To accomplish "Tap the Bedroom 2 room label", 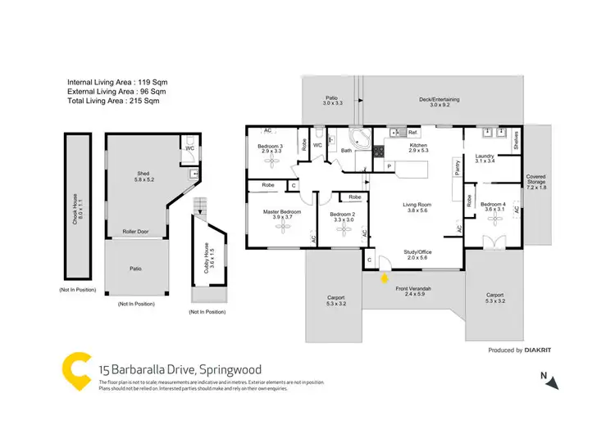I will (344, 216).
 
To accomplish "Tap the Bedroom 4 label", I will (493, 206).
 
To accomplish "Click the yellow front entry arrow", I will (385, 278).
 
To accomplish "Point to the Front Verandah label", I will (413, 289).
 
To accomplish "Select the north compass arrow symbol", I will (554, 382).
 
